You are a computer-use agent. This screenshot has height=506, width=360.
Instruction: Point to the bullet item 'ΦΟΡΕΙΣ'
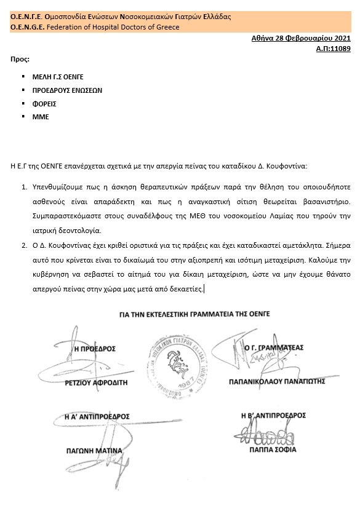point(44,103)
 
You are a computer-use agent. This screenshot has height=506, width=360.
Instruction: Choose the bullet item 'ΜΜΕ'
point(40,116)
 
